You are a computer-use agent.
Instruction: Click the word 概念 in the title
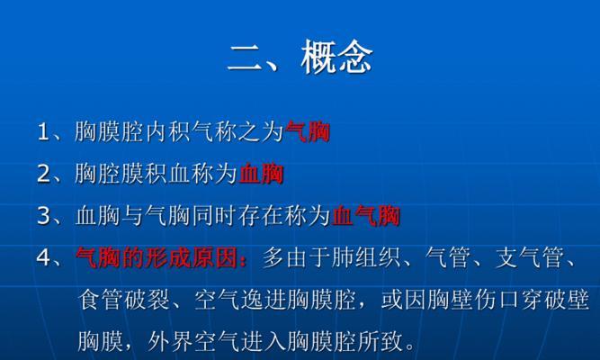pyautogui.click(x=336, y=58)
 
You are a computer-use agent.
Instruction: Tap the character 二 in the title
pyautogui.click(x=246, y=58)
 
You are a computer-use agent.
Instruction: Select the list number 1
pyautogui.click(x=42, y=132)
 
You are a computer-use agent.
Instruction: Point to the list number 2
pyautogui.click(x=43, y=174)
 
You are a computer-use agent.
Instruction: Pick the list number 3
pyautogui.click(x=43, y=216)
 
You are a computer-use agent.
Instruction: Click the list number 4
pyautogui.click(x=43, y=257)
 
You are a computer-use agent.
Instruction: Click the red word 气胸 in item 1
pyautogui.click(x=308, y=131)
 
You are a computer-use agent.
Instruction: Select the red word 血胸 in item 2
pyautogui.click(x=261, y=174)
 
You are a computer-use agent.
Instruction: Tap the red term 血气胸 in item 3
pyautogui.click(x=366, y=216)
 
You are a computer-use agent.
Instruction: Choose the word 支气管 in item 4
pyautogui.click(x=530, y=257)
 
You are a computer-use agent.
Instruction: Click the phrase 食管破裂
pyautogui.click(x=123, y=300)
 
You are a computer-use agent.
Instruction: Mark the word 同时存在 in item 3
pyautogui.click(x=237, y=216)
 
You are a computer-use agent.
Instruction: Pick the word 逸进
pyautogui.click(x=264, y=300)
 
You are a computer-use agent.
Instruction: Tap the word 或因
pyautogui.click(x=404, y=300)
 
